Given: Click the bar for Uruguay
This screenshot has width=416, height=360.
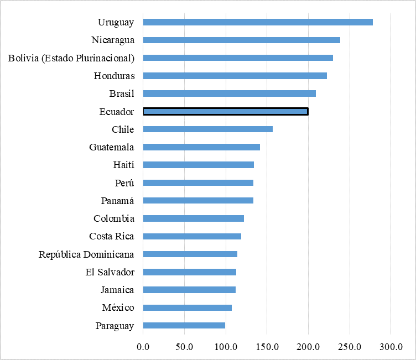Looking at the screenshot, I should click(x=258, y=22).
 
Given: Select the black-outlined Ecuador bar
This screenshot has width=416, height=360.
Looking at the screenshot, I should click(x=226, y=112).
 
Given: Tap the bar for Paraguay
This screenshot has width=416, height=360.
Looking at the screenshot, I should click(x=184, y=326).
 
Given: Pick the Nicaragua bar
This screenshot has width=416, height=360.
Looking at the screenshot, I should click(x=242, y=40).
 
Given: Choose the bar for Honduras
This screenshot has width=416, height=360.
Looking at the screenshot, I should click(x=235, y=76).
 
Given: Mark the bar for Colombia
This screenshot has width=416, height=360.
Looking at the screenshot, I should click(x=194, y=218).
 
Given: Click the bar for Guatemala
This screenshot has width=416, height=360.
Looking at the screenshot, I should click(x=201, y=147).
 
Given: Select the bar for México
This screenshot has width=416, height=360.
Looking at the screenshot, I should click(x=188, y=308).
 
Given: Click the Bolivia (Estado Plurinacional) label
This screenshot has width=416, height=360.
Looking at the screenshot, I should click(x=71, y=58).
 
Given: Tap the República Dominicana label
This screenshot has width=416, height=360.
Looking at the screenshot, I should click(x=86, y=254).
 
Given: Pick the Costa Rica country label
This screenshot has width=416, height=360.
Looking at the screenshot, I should click(x=112, y=237).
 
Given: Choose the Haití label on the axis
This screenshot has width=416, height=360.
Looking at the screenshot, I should click(x=123, y=165).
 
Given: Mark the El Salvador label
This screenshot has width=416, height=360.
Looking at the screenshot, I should click(x=110, y=272).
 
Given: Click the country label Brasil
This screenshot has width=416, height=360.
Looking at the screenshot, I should click(x=122, y=93).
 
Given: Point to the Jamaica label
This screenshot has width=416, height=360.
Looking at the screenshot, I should click(x=117, y=290).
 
